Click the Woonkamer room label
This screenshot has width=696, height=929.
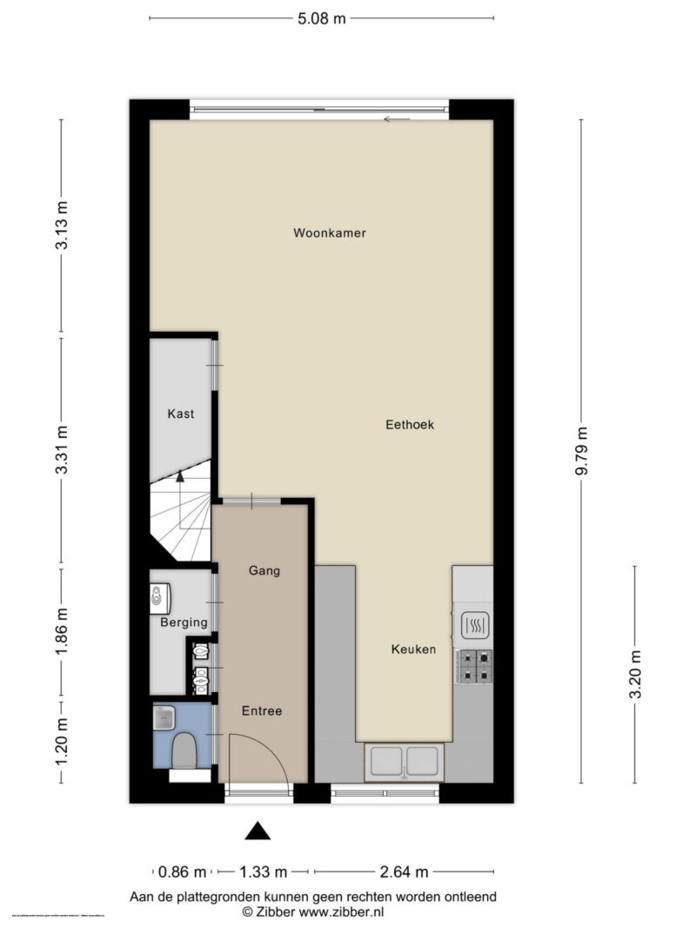(329, 233)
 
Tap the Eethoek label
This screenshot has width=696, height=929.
(410, 425)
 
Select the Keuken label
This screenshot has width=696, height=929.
(412, 650)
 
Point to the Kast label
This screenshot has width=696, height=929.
(181, 414)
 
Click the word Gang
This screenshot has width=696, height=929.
(264, 571)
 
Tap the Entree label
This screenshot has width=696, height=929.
(262, 710)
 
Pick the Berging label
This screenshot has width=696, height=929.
(184, 623)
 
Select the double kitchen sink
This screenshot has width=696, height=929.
(404, 761)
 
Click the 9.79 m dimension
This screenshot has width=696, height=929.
(582, 450)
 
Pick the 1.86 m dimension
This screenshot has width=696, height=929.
(61, 630)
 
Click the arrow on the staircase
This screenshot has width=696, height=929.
(180, 476)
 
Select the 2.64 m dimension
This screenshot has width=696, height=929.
(404, 871)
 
